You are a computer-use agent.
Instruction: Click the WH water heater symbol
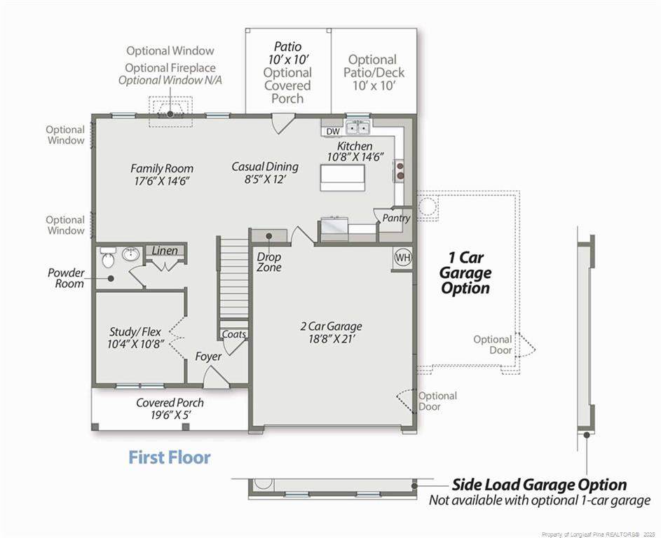pos(403,257)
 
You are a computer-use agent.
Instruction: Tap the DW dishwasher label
pos(333,132)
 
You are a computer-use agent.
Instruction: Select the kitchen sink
pos(358,126)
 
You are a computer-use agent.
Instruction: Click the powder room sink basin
pos(130,254)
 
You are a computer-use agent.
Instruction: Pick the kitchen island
pos(342,177)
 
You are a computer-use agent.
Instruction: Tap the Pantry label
pos(396,218)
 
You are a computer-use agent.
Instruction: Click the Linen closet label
pos(165,251)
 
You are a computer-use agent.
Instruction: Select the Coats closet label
pos(233,334)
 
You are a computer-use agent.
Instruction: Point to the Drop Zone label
pos(269,262)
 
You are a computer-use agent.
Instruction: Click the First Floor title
pos(169,457)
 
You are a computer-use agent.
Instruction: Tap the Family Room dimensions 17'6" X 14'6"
pos(162,181)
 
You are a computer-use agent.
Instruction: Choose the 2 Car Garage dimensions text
pos(331,339)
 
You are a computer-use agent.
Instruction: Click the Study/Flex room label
pos(135,331)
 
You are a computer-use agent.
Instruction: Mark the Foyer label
pos(208,357)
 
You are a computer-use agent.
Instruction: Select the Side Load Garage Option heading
pos(539,485)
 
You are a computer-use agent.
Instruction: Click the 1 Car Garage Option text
pos(465,273)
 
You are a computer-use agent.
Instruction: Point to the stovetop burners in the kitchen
pos(400,170)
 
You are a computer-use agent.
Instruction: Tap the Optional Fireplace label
pos(170,68)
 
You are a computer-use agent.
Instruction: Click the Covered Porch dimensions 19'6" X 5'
pos(171,415)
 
